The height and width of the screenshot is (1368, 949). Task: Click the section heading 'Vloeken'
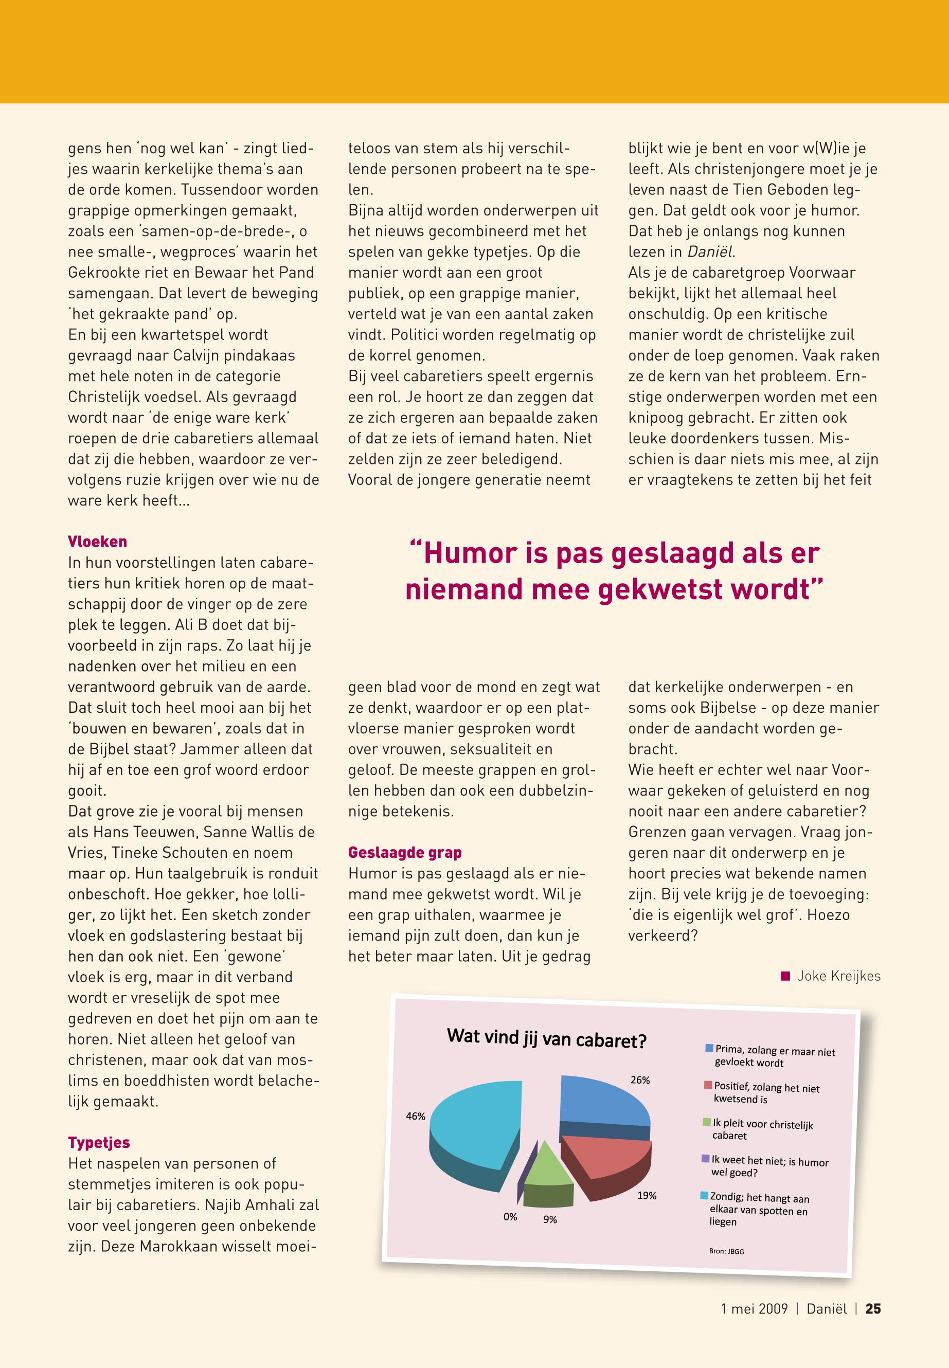(98, 542)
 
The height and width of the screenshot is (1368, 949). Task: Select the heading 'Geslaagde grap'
(405, 853)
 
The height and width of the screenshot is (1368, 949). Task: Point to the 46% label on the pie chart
(416, 1117)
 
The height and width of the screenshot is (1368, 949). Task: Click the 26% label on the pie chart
(640, 1080)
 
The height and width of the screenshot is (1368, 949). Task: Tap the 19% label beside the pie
(647, 1196)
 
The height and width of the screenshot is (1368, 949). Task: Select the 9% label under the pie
(550, 1219)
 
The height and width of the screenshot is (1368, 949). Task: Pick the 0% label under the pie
(510, 1217)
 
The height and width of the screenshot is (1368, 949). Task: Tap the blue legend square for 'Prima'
(709, 1048)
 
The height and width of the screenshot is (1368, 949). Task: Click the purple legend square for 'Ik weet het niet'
(706, 1159)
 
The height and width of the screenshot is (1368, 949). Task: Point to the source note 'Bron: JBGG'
(726, 1251)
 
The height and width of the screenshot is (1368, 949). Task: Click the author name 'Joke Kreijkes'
(838, 976)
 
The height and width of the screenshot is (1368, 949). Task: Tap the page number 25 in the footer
(873, 1308)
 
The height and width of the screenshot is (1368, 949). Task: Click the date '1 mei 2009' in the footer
(754, 1308)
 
